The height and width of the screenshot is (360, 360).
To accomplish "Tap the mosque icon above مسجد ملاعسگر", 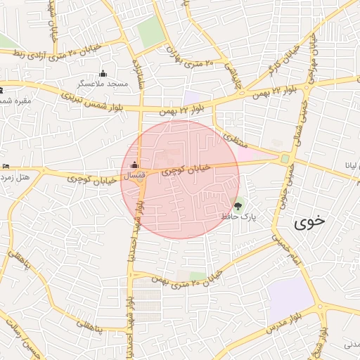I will tap(104, 73).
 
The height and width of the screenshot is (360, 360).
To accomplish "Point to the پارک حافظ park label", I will tap(236, 217).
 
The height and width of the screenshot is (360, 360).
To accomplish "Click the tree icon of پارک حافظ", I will tap(238, 207).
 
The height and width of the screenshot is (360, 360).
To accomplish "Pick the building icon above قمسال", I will tap(135, 165).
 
